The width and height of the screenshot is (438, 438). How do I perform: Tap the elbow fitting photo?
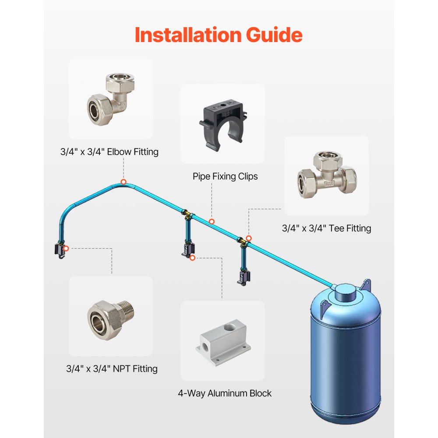(110, 99)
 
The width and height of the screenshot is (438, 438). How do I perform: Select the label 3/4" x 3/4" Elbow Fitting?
(109, 152)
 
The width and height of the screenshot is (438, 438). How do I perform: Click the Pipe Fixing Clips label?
(225, 176)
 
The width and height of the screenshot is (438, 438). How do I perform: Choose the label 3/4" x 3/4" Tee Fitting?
(326, 228)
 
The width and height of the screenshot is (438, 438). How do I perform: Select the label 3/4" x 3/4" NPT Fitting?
(112, 368)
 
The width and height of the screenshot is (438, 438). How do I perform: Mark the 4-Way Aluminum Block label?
(225, 393)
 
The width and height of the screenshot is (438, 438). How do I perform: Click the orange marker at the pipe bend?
(124, 182)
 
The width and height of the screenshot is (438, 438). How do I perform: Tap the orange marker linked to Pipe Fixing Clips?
(212, 222)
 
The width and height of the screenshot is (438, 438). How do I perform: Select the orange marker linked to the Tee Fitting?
(249, 238)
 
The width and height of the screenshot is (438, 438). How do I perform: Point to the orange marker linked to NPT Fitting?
(66, 248)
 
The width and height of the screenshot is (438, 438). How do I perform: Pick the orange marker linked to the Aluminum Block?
(192, 258)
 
